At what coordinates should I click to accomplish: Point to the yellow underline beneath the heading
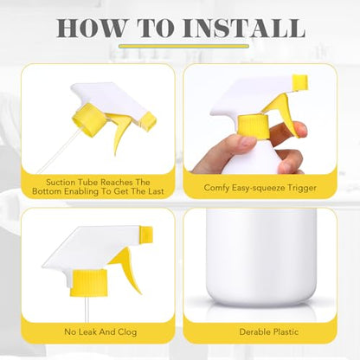pyautogui.click(x=184, y=46)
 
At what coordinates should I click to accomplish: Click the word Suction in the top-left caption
pyautogui.click(x=61, y=183)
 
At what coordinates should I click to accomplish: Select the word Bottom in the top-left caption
pyautogui.click(x=47, y=191)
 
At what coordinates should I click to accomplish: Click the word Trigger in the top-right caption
pyautogui.click(x=301, y=188)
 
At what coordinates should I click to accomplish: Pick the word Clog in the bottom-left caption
pyautogui.click(x=126, y=332)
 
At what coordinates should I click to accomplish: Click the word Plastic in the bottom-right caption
pyautogui.click(x=285, y=331)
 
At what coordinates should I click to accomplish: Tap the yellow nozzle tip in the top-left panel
pyautogui.click(x=149, y=121)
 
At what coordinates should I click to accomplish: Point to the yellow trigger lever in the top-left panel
pyautogui.click(x=120, y=132)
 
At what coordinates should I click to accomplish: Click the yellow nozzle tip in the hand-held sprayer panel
pyautogui.click(x=300, y=81)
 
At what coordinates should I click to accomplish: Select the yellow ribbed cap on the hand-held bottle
pyautogui.click(x=254, y=126)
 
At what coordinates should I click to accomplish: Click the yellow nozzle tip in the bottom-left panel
pyautogui.click(x=146, y=233)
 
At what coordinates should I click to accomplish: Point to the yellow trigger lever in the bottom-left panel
pyautogui.click(x=127, y=268)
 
